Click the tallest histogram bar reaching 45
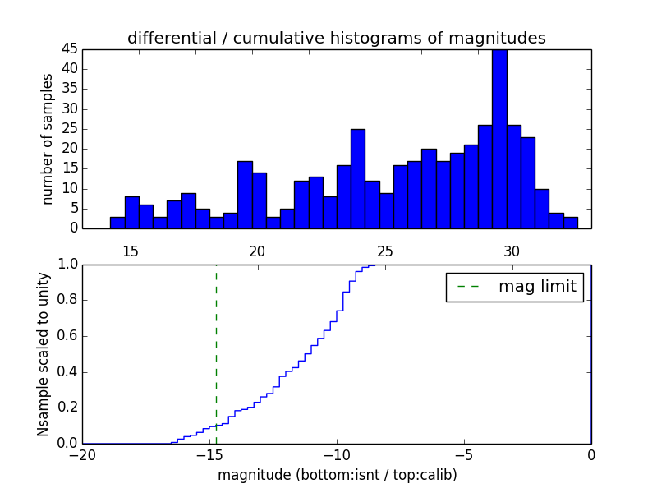click(499, 140)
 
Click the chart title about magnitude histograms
click(336, 38)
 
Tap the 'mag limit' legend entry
click(515, 287)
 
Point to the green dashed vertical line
click(216, 353)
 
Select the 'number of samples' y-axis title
click(48, 139)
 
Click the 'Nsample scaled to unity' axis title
click(43, 354)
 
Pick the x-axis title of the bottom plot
click(337, 475)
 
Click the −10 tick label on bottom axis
click(337, 454)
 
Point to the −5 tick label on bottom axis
click(464, 454)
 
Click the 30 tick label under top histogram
click(512, 251)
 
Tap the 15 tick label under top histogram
click(131, 251)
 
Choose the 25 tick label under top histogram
click(385, 251)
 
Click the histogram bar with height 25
click(357, 179)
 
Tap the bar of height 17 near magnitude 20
click(245, 195)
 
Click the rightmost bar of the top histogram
click(571, 223)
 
